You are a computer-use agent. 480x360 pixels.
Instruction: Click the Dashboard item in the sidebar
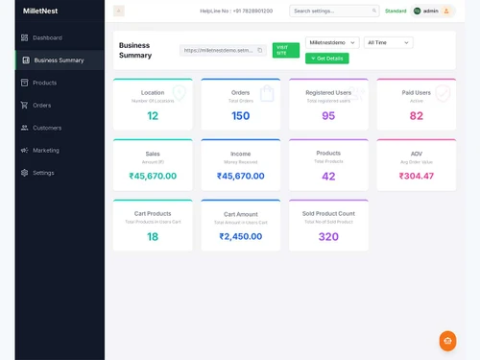coord(46,37)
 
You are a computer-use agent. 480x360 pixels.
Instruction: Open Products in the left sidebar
coord(44,83)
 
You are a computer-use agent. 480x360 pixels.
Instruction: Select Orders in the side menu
coord(41,105)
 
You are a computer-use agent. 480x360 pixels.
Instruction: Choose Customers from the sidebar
coord(46,128)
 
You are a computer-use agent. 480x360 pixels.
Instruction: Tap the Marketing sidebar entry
coord(45,150)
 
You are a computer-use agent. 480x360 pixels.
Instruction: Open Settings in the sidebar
coord(43,173)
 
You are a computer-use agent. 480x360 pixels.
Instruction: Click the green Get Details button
coord(327,59)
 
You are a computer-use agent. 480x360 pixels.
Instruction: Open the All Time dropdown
coord(388,43)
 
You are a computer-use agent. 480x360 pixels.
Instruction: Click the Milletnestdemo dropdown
coord(332,43)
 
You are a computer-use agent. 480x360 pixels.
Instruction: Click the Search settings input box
coord(333,11)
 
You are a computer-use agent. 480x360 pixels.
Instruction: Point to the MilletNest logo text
coord(41,11)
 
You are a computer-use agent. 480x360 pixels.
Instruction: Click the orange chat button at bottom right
coord(447,341)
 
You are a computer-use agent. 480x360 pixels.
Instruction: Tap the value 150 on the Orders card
coord(241,116)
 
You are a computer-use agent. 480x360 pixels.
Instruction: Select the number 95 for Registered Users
coord(328,116)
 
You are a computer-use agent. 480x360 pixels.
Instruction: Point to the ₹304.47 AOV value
coord(416,176)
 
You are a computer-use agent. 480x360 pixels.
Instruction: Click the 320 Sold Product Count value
coord(328,236)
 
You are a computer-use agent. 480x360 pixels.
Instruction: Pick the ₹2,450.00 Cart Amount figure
coord(241,236)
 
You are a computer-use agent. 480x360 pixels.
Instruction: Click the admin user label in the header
coord(430,11)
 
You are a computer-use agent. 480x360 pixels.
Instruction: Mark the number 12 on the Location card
coord(153,116)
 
